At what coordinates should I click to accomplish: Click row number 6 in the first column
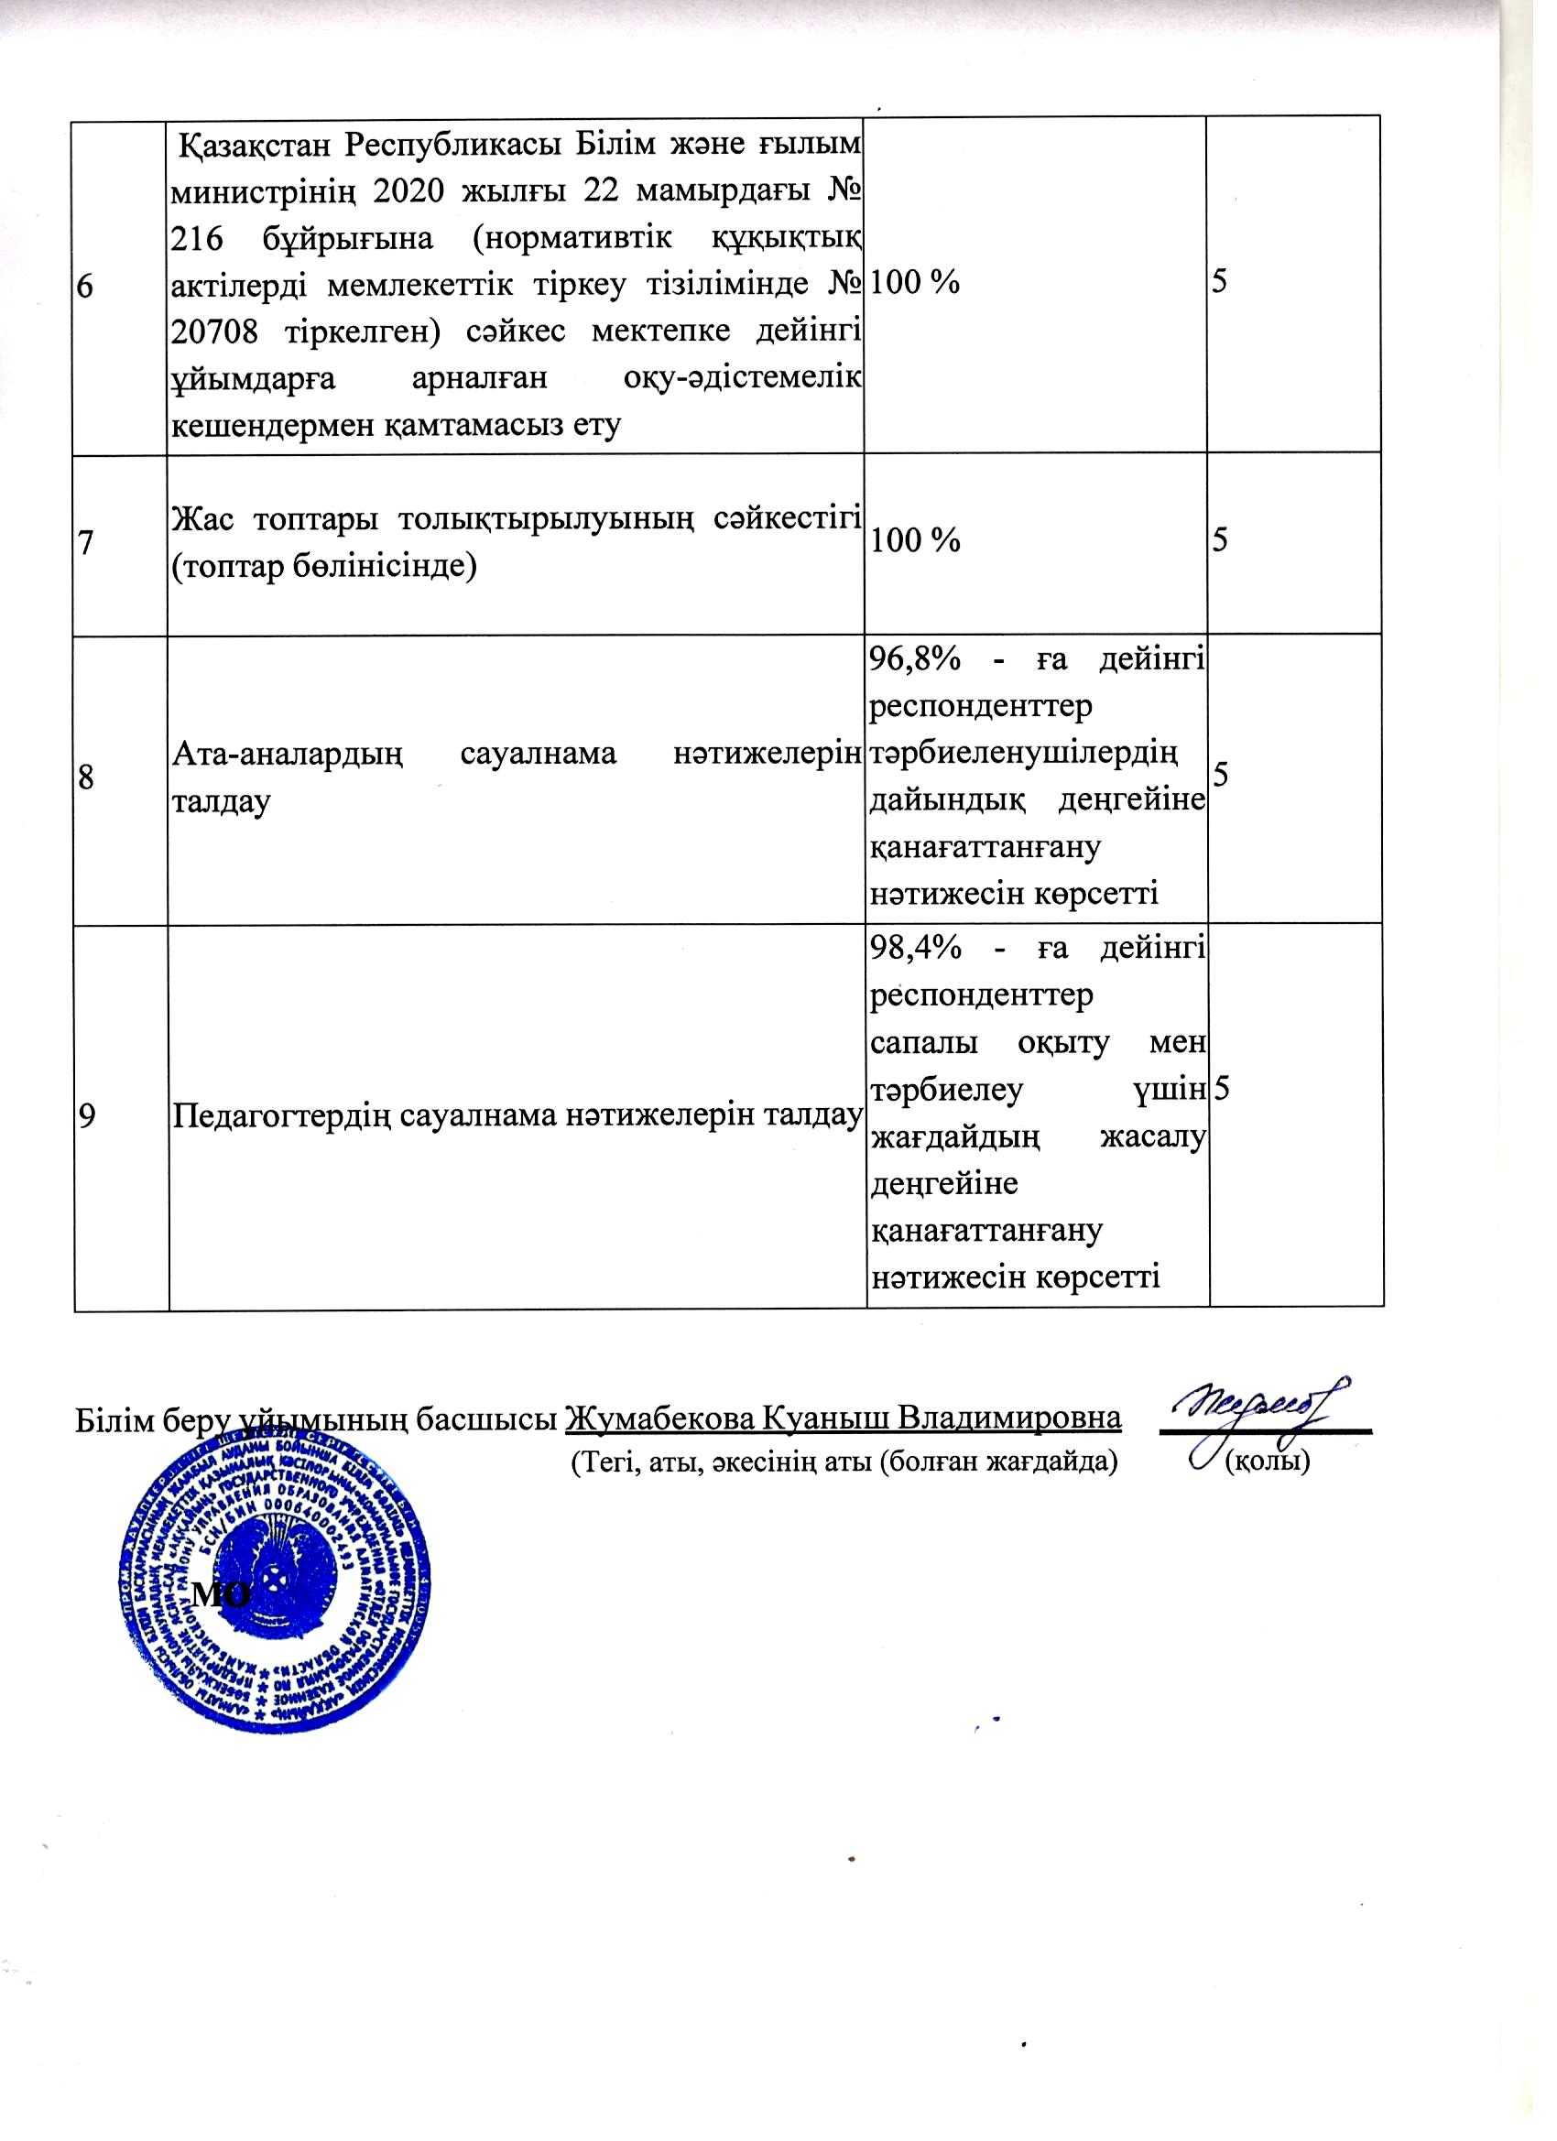(85, 285)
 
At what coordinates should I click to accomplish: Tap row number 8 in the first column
(85, 777)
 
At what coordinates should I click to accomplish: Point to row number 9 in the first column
(86, 1117)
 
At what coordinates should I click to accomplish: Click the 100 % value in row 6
(914, 282)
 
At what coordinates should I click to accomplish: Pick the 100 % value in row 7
(914, 540)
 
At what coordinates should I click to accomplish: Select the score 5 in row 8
(1221, 775)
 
